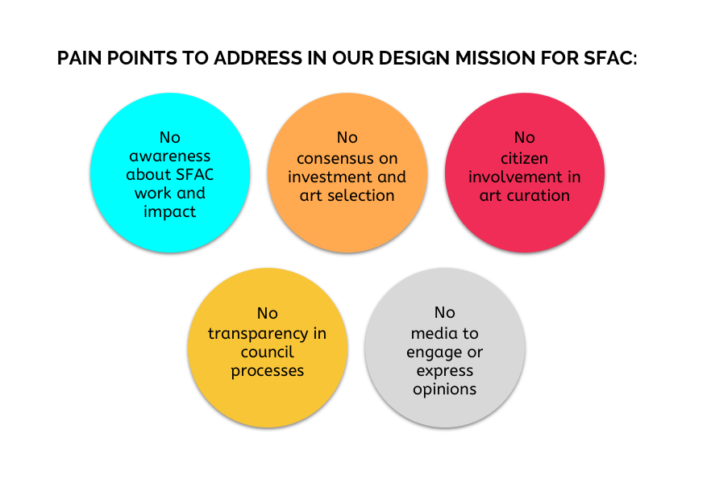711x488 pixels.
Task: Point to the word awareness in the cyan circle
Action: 170,156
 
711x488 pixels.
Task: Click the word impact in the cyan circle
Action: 170,212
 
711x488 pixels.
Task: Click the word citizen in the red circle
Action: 525,158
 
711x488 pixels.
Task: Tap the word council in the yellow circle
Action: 268,352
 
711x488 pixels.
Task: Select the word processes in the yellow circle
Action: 268,371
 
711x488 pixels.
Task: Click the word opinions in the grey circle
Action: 445,390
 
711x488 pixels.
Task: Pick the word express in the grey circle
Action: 445,371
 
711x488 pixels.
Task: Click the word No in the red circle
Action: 525,137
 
